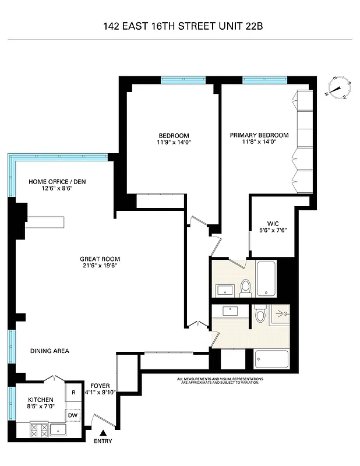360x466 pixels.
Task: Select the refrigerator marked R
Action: click(73, 393)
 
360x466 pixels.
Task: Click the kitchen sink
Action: click(58, 430)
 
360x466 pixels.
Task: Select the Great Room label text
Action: click(96, 259)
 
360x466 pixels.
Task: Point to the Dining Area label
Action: click(50, 351)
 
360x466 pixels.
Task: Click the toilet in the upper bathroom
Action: click(246, 287)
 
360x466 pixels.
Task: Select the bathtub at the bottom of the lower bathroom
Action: click(272, 359)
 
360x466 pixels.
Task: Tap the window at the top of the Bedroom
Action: click(183, 80)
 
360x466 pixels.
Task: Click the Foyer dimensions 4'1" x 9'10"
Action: click(100, 392)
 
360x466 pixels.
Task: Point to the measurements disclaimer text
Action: click(221, 380)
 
